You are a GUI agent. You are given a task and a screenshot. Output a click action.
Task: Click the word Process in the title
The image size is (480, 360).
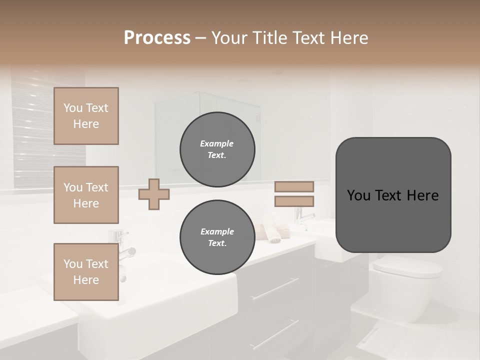157,38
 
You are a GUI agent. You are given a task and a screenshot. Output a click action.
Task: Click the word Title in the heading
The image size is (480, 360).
269,38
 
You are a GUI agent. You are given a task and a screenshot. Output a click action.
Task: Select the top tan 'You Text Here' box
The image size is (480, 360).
86,116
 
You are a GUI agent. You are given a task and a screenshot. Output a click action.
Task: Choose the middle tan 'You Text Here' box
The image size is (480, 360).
86,195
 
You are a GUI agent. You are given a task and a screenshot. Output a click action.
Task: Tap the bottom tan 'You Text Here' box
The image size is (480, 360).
86,271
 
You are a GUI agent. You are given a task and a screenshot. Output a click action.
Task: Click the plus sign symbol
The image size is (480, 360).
154,194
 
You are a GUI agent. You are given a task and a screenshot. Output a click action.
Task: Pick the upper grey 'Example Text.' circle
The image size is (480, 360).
217,149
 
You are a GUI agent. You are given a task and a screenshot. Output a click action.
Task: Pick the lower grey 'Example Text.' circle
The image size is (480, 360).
217,237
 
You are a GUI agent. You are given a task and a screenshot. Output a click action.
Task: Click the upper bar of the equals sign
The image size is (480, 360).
294,186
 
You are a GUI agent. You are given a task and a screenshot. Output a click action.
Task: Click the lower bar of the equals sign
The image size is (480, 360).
294,201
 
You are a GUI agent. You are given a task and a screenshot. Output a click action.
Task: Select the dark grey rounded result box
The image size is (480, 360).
393,194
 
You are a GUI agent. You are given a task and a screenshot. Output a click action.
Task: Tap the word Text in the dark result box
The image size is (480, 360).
393,195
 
